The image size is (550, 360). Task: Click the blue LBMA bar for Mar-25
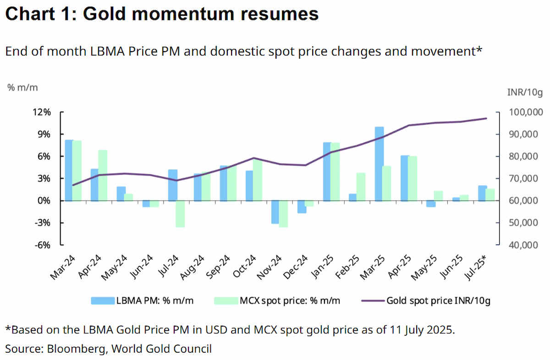point(379,164)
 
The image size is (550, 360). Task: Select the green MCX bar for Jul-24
point(180,214)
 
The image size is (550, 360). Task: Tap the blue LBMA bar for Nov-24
point(275,212)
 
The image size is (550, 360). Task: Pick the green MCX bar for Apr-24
point(103,175)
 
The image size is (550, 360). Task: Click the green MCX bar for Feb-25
point(361,187)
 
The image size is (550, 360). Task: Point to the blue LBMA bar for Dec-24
point(302,207)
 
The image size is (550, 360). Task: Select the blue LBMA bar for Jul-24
point(173,185)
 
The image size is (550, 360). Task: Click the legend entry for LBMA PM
point(142,300)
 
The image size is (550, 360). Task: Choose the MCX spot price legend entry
point(277,300)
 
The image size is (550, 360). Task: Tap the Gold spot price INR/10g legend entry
point(426,301)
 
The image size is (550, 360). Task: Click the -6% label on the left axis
point(43,245)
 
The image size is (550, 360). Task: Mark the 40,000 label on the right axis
point(523,245)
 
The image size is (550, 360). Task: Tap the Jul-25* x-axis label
point(476,267)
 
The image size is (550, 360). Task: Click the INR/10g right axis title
point(525,92)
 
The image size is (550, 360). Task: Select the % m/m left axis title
point(22,87)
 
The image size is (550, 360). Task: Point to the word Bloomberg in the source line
point(77,349)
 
